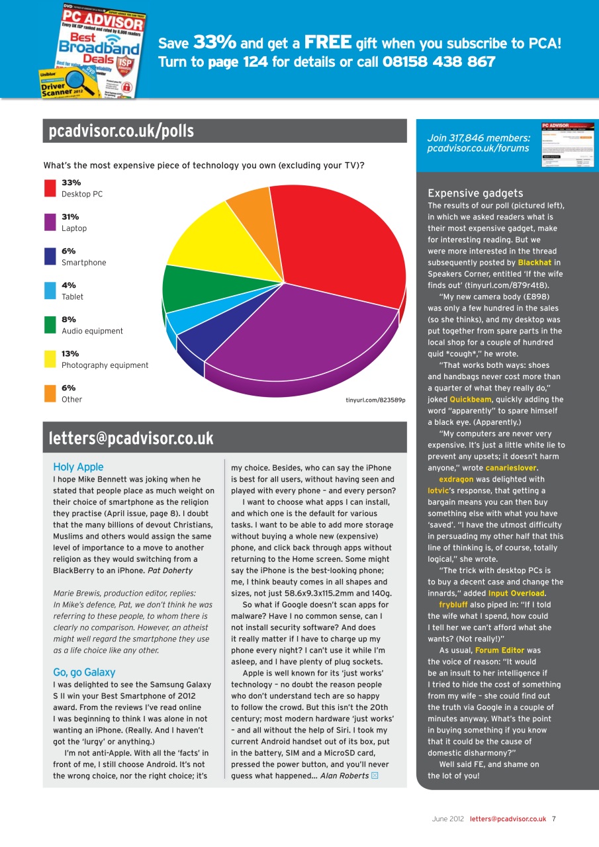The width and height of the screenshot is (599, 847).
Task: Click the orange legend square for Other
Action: [x=50, y=393]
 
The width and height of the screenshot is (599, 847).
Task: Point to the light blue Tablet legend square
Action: [x=50, y=290]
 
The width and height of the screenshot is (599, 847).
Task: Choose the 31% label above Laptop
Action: [x=70, y=216]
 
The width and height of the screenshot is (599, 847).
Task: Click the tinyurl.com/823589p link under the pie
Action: [x=375, y=400]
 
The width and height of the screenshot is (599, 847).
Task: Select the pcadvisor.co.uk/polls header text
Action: [x=121, y=131]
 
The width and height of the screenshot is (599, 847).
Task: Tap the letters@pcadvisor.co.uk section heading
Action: [x=131, y=438]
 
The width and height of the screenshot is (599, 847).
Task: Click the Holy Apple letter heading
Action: [x=78, y=467]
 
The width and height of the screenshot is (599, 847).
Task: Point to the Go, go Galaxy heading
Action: [x=84, y=672]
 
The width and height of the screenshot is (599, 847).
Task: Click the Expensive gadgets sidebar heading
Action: [x=475, y=193]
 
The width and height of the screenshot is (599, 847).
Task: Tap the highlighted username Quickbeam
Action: [x=471, y=400]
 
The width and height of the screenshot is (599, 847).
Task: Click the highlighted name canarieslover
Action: [x=513, y=468]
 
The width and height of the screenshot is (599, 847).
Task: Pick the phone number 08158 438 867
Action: [x=439, y=62]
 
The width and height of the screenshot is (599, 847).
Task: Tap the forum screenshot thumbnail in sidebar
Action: [x=567, y=144]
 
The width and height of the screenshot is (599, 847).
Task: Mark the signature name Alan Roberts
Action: [x=344, y=776]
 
